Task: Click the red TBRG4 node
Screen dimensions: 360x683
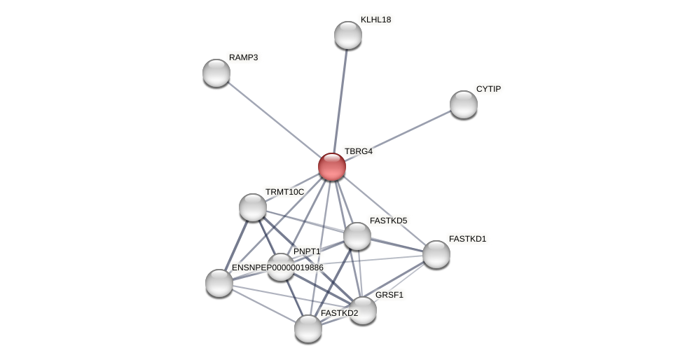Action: click(x=332, y=167)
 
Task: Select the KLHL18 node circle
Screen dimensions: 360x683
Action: click(x=348, y=35)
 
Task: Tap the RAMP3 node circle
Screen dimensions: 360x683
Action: click(x=216, y=73)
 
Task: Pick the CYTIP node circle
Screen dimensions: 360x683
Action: click(x=464, y=104)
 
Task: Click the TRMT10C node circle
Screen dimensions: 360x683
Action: click(x=253, y=207)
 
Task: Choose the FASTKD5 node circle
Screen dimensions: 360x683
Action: click(x=357, y=236)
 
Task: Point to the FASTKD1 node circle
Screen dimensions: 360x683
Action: click(x=436, y=254)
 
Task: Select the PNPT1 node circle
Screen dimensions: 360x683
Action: click(x=281, y=267)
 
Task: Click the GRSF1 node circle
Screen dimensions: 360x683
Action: click(x=363, y=310)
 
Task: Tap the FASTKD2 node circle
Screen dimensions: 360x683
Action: click(x=308, y=328)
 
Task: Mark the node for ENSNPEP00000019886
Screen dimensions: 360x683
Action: click(x=219, y=283)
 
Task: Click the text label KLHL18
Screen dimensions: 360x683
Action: click(x=376, y=20)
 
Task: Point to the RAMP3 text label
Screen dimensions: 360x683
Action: click(x=243, y=57)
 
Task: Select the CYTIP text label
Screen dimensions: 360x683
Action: click(x=488, y=89)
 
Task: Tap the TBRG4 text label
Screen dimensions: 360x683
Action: click(x=359, y=151)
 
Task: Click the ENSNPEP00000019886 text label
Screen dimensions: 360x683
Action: click(x=277, y=268)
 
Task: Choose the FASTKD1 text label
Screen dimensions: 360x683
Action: click(x=467, y=239)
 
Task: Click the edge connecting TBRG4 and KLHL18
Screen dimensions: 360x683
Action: click(x=340, y=98)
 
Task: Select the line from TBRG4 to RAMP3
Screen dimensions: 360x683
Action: click(x=273, y=119)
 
